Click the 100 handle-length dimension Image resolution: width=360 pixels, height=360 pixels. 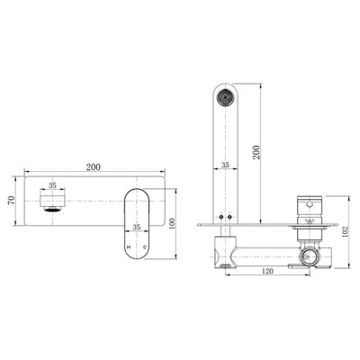(171, 221)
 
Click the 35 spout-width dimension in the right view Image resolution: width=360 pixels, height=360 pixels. (226, 166)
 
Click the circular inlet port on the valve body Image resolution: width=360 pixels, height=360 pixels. (311, 256)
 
